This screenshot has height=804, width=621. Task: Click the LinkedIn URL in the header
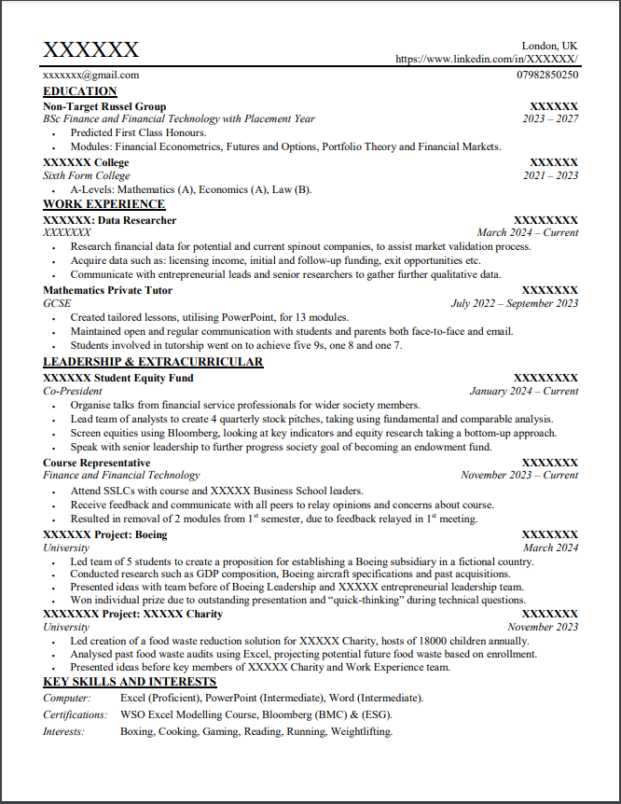tap(487, 59)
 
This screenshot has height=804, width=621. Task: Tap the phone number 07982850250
tap(546, 75)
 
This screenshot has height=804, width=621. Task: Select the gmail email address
tap(90, 75)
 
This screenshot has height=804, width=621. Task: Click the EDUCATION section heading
tap(80, 91)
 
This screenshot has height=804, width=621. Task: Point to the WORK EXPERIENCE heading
tap(103, 204)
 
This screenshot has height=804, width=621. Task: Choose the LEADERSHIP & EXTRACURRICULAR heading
tap(153, 362)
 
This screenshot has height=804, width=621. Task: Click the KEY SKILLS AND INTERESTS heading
tap(130, 683)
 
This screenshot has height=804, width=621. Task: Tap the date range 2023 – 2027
tap(550, 119)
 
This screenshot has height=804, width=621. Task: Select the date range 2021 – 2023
tap(550, 175)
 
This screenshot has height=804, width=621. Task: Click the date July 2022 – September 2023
tap(514, 303)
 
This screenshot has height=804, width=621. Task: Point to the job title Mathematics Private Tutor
tap(106, 290)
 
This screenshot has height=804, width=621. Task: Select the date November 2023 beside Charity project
tap(543, 628)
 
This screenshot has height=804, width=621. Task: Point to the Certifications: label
tap(76, 714)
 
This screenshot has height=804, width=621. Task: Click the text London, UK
tap(549, 46)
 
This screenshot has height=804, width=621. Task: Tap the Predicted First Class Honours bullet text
tap(138, 132)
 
